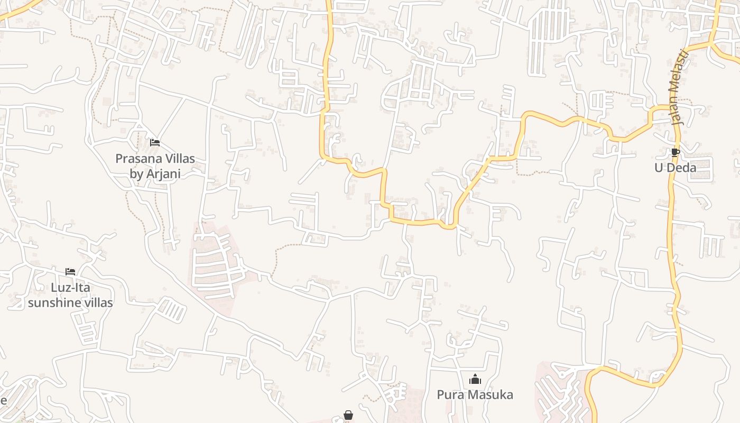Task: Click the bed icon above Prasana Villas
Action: click(155, 143)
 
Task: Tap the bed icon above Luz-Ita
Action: click(70, 272)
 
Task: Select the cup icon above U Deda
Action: click(675, 153)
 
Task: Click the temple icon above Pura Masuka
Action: click(475, 379)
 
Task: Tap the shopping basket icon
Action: click(348, 416)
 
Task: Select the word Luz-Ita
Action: click(70, 288)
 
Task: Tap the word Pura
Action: click(449, 394)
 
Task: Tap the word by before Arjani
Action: click(136, 174)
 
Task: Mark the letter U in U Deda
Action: click(659, 168)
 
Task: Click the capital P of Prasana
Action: click(119, 159)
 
